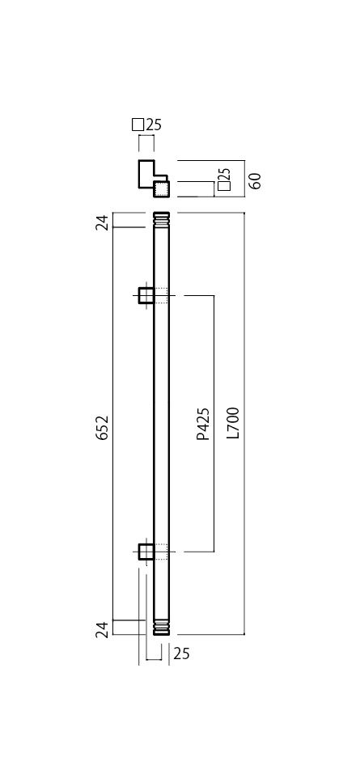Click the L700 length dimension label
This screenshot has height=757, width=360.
coord(234,423)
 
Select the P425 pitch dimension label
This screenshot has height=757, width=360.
coord(204,424)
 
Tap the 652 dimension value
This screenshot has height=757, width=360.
coord(102,427)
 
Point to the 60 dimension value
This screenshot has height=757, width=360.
coord(255,180)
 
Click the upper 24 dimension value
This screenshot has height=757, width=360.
coord(102,223)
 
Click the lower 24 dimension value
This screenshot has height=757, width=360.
coord(102,630)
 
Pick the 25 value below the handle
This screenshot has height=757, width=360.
coord(182,653)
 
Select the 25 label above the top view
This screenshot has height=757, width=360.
coord(155,125)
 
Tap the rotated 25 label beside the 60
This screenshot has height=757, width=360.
coord(225,174)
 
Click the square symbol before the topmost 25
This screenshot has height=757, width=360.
coord(138,125)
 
